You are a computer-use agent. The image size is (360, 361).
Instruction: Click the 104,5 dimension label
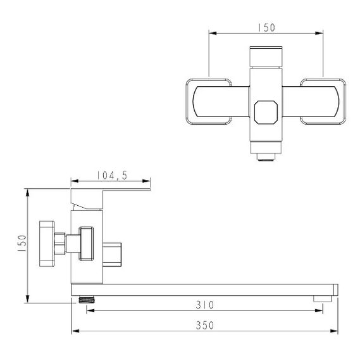coord(112,175)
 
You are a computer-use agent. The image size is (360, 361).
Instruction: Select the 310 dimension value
coord(205,305)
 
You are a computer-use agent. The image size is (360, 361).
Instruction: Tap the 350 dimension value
coord(205,326)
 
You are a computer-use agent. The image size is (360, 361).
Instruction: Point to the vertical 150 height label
coord(22,243)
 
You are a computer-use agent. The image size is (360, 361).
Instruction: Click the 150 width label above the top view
coord(266,28)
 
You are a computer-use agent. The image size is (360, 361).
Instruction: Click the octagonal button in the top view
coord(266,112)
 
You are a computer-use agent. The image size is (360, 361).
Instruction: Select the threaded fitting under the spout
coord(87,300)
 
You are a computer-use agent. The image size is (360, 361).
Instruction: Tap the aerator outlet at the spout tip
coord(323,298)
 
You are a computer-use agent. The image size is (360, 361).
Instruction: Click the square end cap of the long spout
coord(335,289)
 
